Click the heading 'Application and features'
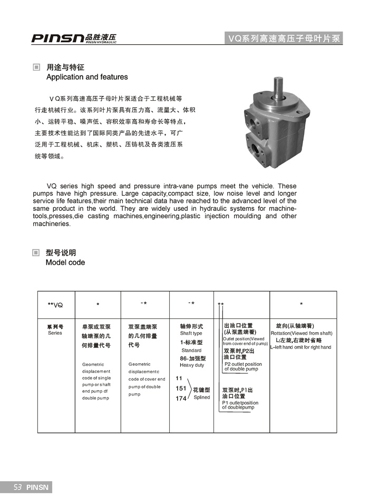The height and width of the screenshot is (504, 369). [87, 77]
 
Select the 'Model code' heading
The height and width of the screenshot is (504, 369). [65, 262]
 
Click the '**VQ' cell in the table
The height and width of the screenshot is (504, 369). [55, 305]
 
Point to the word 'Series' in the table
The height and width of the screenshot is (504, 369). [55, 333]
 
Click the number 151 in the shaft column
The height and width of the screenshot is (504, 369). [181, 389]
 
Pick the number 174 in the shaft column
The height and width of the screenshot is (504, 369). [181, 399]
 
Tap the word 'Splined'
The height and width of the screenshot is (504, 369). [202, 398]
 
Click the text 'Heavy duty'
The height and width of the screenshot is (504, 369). [192, 365]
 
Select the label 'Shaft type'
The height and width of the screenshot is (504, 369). [191, 333]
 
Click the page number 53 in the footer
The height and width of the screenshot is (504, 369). [17, 488]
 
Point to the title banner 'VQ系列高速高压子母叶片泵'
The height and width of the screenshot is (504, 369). [284, 38]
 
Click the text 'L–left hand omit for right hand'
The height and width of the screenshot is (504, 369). [301, 347]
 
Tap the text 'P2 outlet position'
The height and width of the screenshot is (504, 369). [243, 364]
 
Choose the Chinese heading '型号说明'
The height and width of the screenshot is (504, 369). [61, 253]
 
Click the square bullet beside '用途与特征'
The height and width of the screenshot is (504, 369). [36, 67]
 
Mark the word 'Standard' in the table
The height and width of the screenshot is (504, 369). [191, 350]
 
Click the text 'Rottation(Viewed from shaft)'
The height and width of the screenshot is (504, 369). [302, 333]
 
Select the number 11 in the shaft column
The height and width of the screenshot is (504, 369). [179, 378]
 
